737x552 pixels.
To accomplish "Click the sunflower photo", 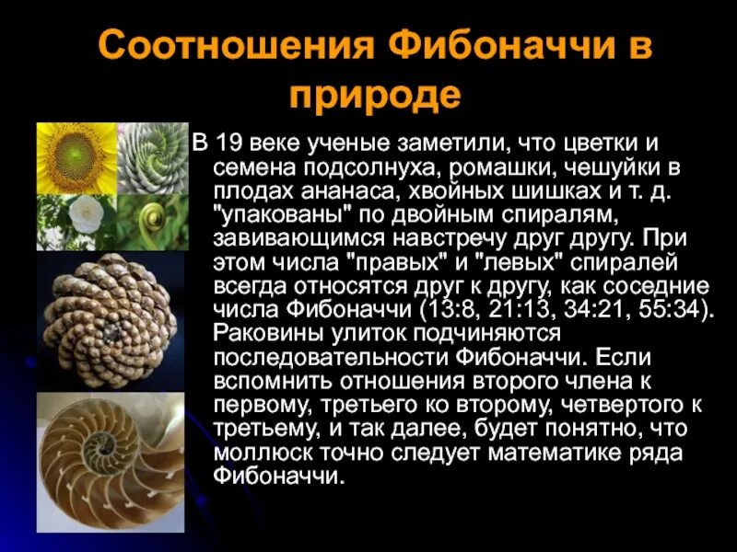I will [76, 158].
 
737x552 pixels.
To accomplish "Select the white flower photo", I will [76, 222].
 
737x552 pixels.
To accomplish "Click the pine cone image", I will [108, 318].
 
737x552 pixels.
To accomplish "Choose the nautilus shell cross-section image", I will [108, 463].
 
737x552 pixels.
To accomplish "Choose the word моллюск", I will [266, 453].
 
